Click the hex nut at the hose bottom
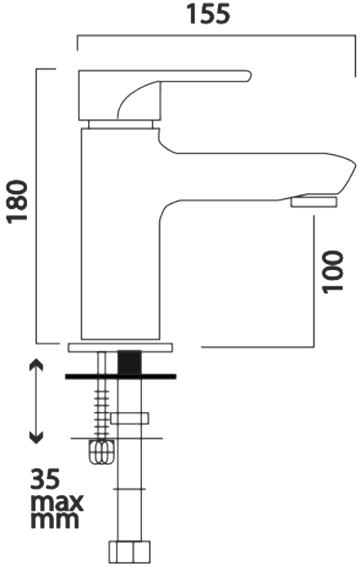131,551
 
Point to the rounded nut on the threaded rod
100,453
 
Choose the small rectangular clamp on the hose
131,419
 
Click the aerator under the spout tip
314,201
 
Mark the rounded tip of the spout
349,174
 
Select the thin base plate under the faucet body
122,347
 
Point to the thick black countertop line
122,376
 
